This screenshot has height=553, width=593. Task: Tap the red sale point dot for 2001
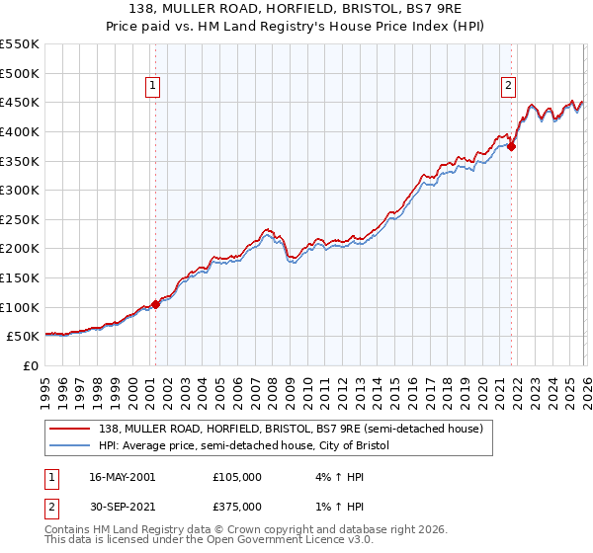coord(155,304)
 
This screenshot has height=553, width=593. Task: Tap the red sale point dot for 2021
coord(512,146)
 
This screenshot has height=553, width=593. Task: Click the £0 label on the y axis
coord(32,365)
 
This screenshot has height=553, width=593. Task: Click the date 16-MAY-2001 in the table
coord(122,476)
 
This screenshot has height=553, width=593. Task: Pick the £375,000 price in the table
coord(236,506)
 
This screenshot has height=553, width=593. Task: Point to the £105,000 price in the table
coord(236,476)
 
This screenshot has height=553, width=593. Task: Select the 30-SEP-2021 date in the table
coord(122,506)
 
